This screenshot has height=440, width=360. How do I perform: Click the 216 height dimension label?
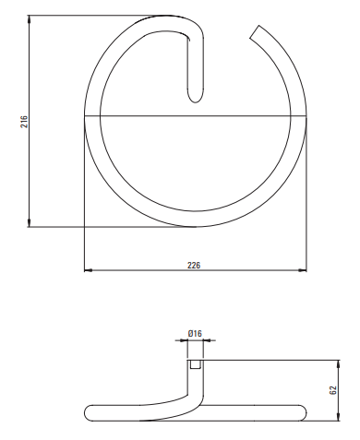[24, 122]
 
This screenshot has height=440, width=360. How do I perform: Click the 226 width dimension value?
[194, 265]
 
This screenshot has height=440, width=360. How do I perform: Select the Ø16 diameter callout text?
[195, 333]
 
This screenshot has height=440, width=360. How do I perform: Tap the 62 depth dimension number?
[333, 390]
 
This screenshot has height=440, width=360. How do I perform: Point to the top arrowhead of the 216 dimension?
[30, 19]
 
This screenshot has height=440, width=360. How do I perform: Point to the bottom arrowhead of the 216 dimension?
[30, 223]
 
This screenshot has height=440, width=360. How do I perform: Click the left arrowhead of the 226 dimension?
[89, 270]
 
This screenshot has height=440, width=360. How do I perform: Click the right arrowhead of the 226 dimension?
[303, 270]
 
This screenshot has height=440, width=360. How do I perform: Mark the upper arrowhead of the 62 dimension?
[339, 363]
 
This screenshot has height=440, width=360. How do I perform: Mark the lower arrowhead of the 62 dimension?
[339, 417]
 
